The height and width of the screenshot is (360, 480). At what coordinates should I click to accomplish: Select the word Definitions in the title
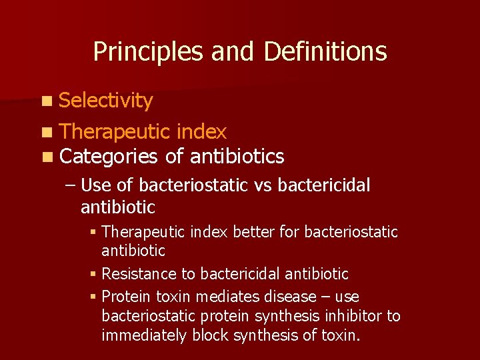(x=325, y=51)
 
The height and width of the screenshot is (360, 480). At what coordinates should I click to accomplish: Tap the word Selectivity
(x=106, y=101)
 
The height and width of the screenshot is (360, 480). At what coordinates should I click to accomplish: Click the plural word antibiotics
(x=237, y=157)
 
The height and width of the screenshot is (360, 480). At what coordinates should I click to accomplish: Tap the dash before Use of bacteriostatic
(x=71, y=186)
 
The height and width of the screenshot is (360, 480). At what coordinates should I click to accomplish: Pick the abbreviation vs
(x=263, y=186)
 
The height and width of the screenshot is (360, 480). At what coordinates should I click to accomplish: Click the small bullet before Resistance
(x=93, y=274)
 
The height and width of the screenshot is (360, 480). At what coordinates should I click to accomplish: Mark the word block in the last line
(x=209, y=335)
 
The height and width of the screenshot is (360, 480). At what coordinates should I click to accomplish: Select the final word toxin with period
(x=340, y=335)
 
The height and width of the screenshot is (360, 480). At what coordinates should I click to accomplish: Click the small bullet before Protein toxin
(x=93, y=296)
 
